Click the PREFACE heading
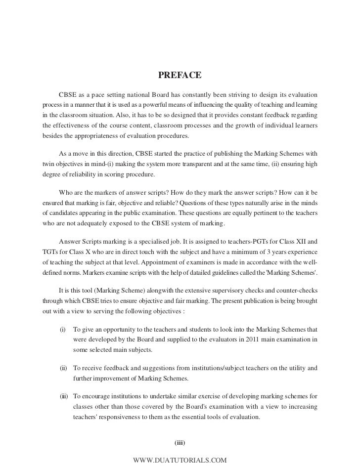180,75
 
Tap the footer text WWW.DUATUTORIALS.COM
180,460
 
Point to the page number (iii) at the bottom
180,442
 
